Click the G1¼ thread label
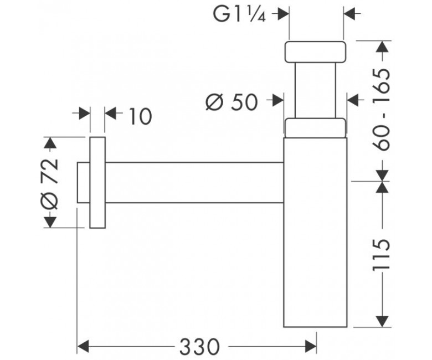239,13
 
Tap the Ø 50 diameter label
232,102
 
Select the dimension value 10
140,116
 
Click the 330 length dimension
200,347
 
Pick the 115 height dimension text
382,255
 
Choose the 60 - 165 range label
382,110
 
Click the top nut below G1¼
315,52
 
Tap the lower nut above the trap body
315,128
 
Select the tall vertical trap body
315,232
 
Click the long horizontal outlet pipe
194,183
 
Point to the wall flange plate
97,182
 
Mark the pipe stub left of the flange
84,183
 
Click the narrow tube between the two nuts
315,90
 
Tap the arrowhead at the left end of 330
83,347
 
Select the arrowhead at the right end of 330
311,347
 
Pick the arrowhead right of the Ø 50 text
277,100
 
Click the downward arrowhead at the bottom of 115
382,321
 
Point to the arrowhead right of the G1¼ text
283,14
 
